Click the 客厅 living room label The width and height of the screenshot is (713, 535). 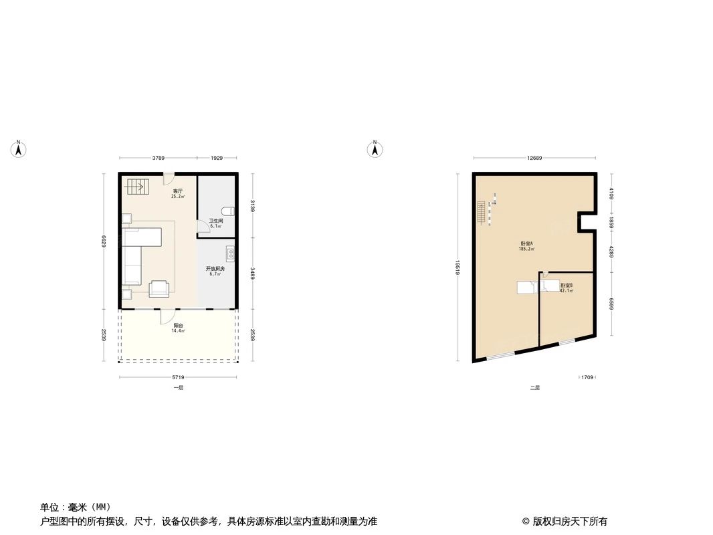[177, 191]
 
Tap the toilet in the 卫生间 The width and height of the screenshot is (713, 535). [229, 211]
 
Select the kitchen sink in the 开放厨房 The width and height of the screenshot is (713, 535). [230, 254]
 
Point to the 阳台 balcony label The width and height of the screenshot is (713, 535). [177, 326]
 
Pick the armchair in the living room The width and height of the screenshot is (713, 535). [159, 288]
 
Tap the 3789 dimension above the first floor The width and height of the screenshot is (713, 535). [158, 158]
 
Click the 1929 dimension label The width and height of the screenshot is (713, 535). [217, 158]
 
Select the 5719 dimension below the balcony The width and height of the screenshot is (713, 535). [178, 378]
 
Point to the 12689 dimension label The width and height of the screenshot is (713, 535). [534, 158]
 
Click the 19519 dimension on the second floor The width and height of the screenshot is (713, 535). [456, 267]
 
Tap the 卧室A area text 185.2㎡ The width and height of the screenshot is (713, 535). [526, 249]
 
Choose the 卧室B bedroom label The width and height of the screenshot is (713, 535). [567, 285]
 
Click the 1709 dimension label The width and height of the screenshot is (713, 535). [587, 378]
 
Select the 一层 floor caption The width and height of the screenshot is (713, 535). [178, 388]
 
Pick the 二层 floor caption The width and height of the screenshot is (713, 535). [534, 388]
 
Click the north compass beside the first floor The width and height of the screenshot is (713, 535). [19, 150]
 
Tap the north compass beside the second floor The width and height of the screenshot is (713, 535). [375, 150]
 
